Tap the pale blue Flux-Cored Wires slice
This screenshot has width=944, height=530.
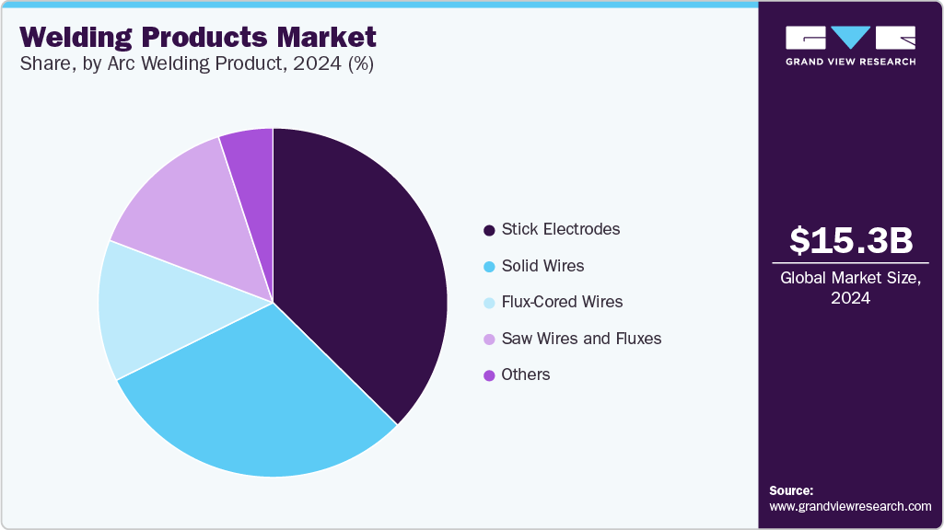[147, 308]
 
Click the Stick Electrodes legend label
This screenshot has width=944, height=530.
[560, 229]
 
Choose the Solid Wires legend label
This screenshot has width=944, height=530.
[542, 266]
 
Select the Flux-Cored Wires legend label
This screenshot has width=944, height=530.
[562, 302]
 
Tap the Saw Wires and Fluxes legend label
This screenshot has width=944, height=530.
[581, 339]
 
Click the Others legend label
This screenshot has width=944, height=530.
[525, 374]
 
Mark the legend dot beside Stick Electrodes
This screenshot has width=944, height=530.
[488, 230]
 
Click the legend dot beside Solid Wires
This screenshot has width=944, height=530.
[488, 267]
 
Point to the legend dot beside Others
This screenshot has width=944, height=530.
[488, 375]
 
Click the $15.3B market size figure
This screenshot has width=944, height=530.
[851, 241]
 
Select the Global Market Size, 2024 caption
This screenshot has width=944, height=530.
[851, 287]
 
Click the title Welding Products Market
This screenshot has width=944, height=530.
[198, 38]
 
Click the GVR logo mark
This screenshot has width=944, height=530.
[850, 38]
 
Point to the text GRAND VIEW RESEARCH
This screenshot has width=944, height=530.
[850, 62]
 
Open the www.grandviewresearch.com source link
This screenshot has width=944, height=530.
[850, 506]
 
